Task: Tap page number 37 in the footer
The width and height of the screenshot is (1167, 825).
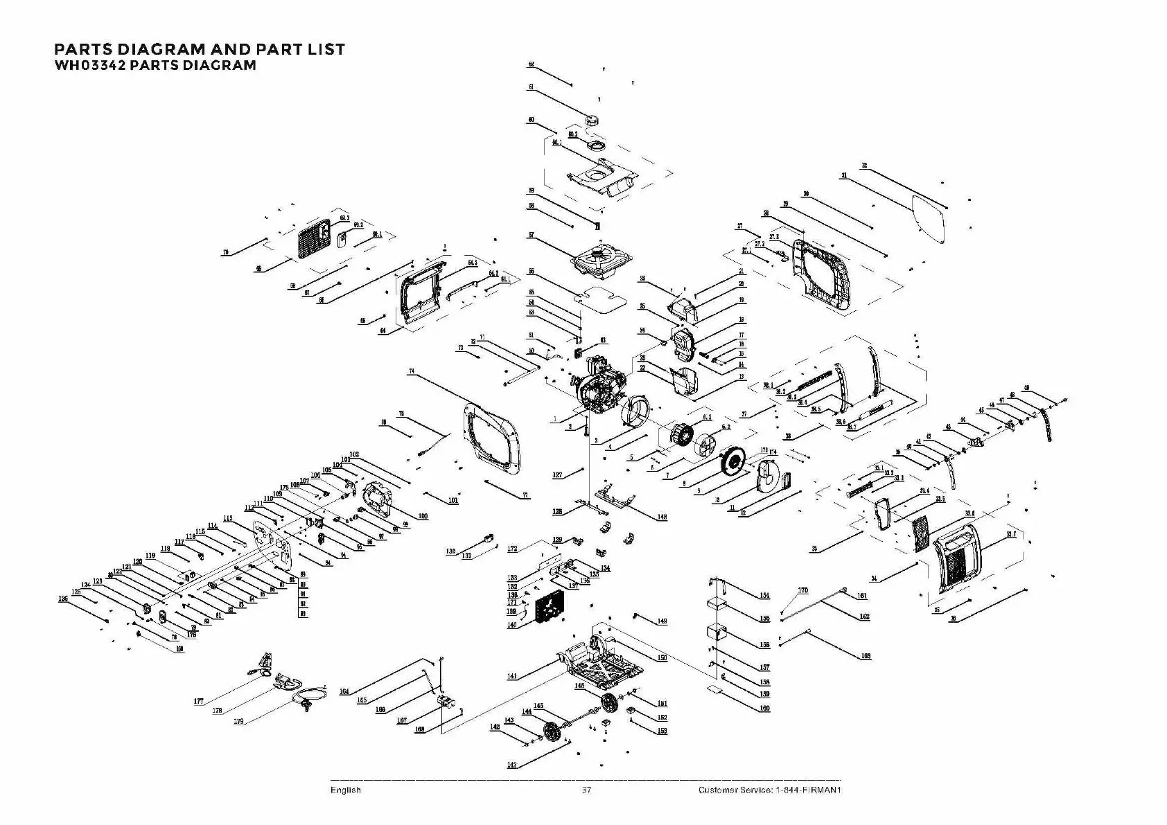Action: click(586, 790)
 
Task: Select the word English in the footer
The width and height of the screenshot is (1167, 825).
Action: click(345, 790)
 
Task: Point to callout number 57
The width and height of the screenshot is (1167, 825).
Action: click(531, 236)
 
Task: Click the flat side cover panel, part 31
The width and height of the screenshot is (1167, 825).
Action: click(929, 218)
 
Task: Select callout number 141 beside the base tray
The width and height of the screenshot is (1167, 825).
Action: click(512, 676)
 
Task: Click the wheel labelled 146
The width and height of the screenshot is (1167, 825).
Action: click(610, 702)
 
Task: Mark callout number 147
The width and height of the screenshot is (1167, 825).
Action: click(512, 765)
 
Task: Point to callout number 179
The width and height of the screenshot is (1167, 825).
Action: click(238, 722)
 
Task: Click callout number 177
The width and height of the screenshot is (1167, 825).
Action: click(199, 702)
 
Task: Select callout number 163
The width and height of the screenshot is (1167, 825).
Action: click(866, 655)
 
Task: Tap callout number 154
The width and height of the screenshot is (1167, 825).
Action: click(764, 596)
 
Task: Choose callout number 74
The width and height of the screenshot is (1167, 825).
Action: click(412, 372)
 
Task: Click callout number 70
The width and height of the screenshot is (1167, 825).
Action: click(225, 253)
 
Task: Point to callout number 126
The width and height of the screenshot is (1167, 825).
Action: click(63, 599)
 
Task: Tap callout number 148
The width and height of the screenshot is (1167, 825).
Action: click(662, 517)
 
